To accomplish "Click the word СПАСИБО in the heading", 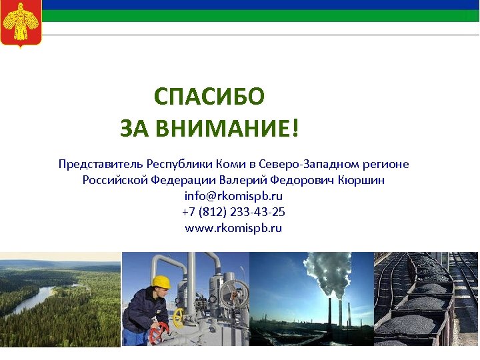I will (209, 97).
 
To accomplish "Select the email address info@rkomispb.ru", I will (233, 196).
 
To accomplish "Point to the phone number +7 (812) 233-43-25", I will (233, 212).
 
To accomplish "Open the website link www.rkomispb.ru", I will (233, 228).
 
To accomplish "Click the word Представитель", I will (101, 164).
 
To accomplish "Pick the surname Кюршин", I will (361, 180).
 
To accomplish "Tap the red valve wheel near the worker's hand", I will (158, 331).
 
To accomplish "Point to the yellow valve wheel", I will (178, 319).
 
